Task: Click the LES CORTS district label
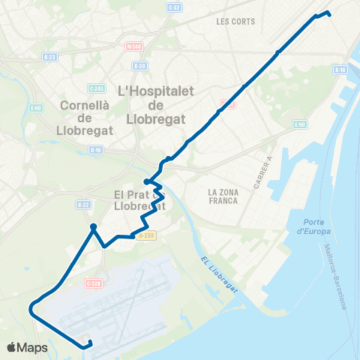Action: pyautogui.click(x=232, y=22)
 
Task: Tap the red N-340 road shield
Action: pyautogui.click(x=133, y=46)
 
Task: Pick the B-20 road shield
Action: pyautogui.click(x=139, y=66)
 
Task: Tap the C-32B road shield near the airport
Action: pyautogui.click(x=93, y=283)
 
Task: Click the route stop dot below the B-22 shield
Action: pyautogui.click(x=93, y=226)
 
